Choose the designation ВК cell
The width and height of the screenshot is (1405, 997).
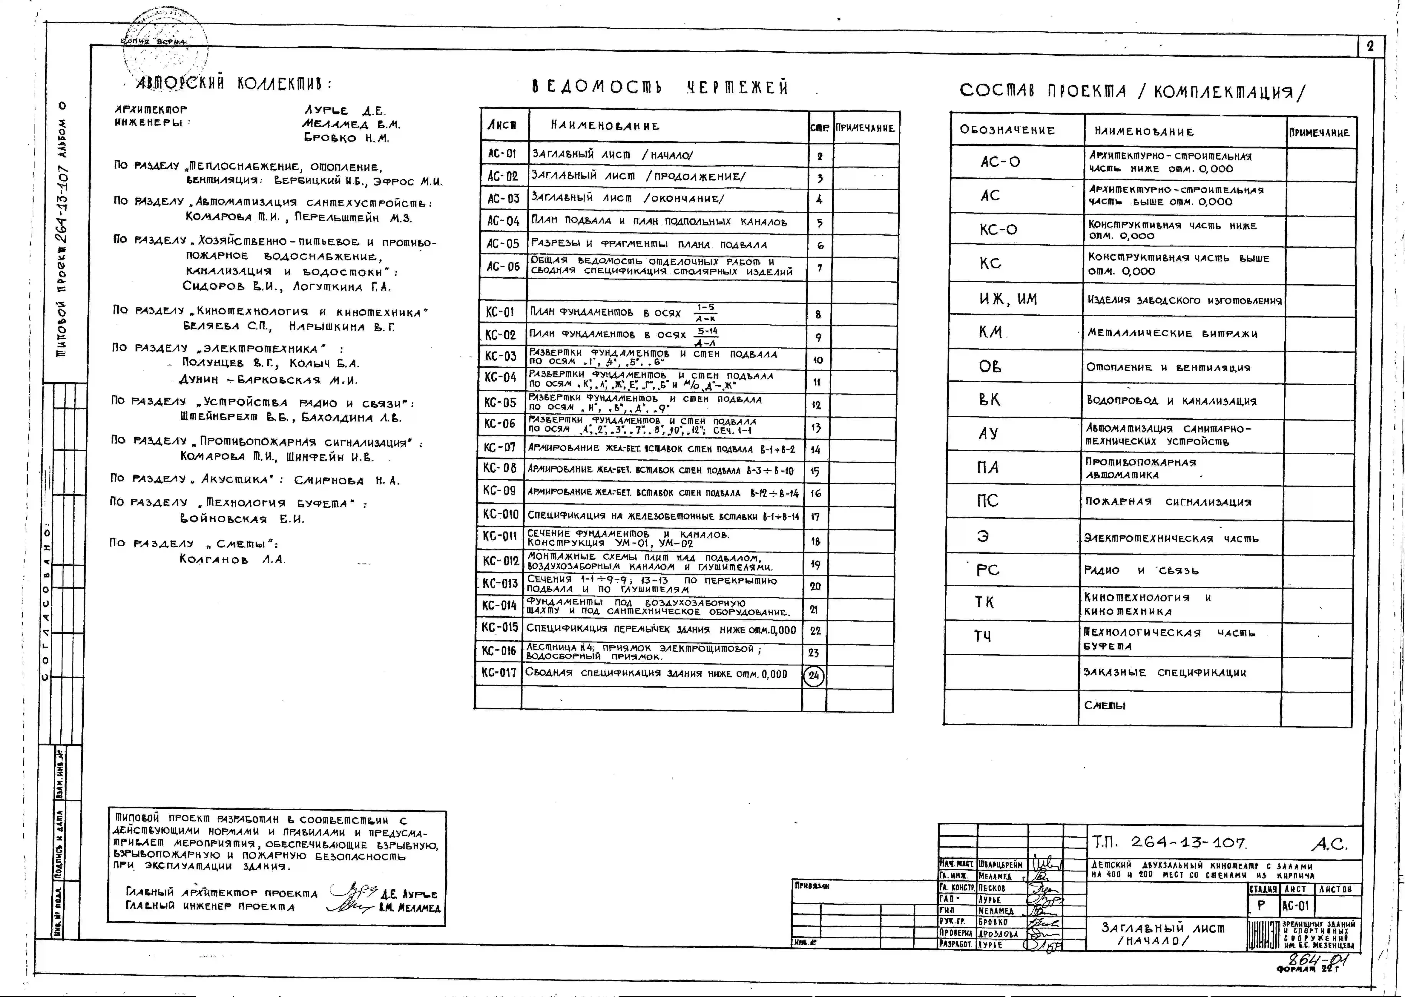point(989,400)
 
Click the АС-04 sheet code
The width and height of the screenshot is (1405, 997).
point(503,221)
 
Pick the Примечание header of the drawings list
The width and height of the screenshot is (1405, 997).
point(865,128)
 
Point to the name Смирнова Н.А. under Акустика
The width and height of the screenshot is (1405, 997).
point(347,481)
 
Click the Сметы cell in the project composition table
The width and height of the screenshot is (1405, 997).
point(1104,705)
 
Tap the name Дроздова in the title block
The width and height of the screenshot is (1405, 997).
point(998,934)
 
